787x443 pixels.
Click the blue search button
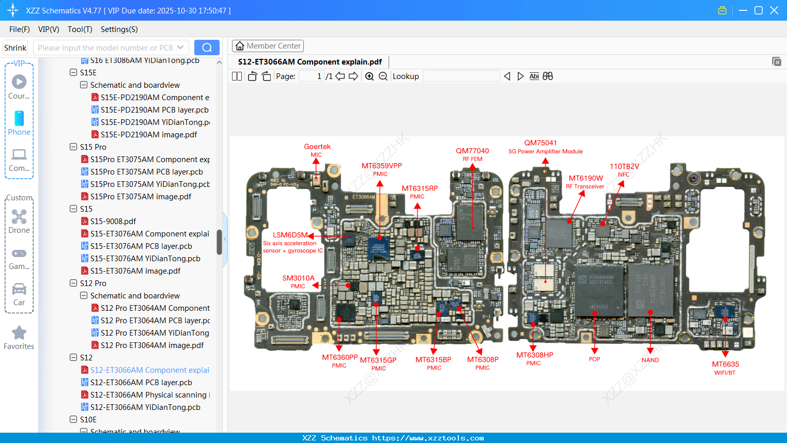coord(207,48)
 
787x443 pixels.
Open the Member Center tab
coord(268,46)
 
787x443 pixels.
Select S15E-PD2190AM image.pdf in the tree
coord(149,135)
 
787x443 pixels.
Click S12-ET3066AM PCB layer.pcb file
coord(141,383)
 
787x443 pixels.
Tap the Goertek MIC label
coord(317,150)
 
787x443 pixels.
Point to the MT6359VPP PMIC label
coord(381,169)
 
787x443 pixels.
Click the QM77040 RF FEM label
coord(472,154)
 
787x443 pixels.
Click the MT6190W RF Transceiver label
coord(585,182)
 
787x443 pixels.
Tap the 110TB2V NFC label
coord(624,170)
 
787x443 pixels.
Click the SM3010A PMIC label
coord(298,281)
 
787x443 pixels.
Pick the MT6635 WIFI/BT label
coord(725,368)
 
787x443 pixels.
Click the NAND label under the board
coord(650,360)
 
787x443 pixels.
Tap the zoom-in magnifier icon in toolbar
coord(369,76)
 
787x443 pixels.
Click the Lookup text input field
coord(461,76)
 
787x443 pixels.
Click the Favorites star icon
coord(19,333)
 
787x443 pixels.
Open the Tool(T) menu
coord(80,29)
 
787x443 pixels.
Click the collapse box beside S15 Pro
coord(73,147)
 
